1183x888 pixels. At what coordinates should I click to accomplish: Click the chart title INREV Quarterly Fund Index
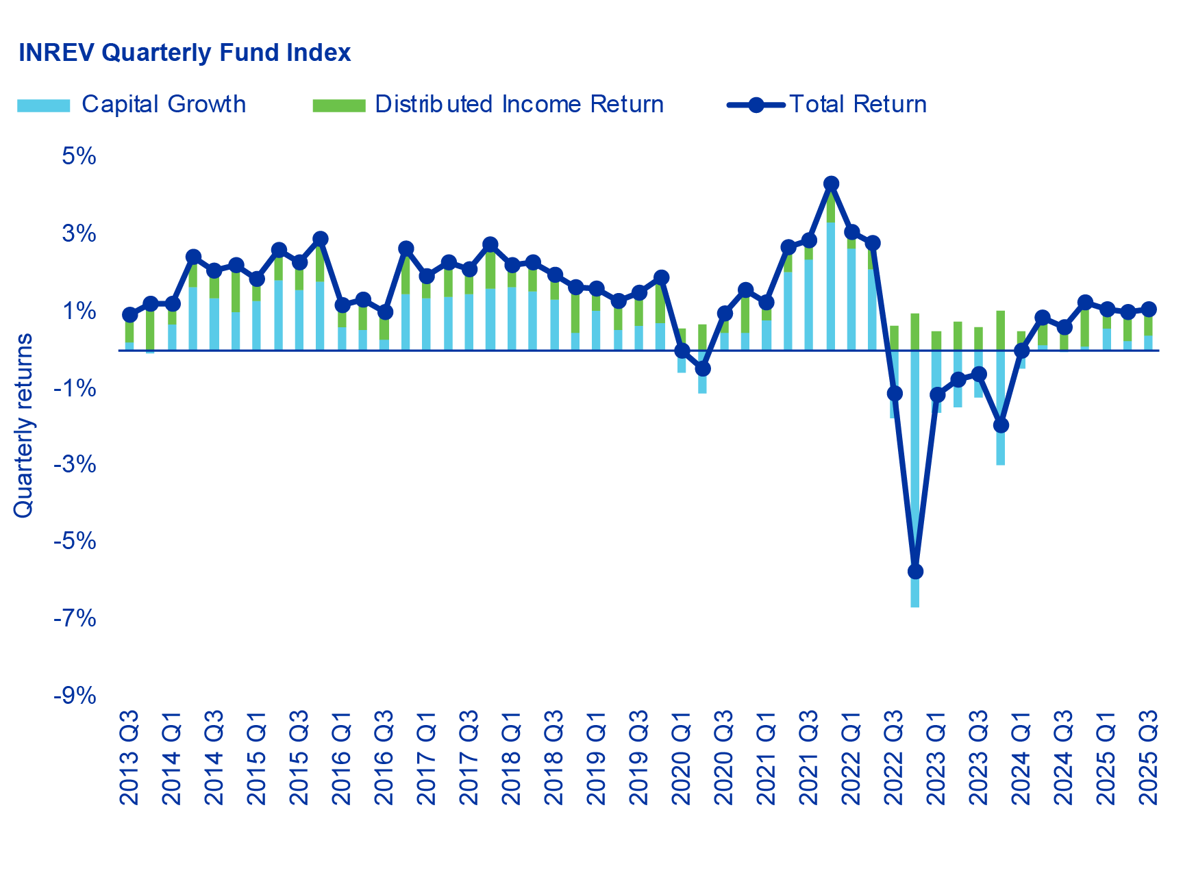coord(184,53)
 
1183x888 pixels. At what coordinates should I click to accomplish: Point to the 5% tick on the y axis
coord(79,156)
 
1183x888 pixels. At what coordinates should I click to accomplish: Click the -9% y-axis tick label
coord(75,696)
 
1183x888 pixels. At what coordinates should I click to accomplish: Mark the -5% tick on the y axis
coord(75,542)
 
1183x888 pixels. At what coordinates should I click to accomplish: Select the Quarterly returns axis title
coord(23,425)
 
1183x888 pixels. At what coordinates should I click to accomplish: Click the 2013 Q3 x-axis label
coord(129,757)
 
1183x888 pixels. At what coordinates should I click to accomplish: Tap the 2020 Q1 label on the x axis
coord(682,757)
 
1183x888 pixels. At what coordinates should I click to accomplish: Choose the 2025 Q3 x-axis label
coord(1149,757)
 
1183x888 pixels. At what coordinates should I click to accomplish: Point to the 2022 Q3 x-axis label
coord(894,757)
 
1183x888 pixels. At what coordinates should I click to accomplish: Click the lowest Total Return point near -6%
coord(915,571)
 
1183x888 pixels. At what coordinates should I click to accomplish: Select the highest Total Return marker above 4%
coord(831,183)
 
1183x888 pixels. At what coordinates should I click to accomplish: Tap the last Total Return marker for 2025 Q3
coord(1149,309)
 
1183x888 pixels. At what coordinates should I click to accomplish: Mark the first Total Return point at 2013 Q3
coord(129,315)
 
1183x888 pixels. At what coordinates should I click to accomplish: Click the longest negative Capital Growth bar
coord(915,479)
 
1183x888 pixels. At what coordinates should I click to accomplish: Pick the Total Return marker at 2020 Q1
coord(682,351)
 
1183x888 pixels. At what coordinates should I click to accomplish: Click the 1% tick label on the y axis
coord(79,311)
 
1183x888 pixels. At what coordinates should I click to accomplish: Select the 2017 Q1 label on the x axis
coord(427,757)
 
